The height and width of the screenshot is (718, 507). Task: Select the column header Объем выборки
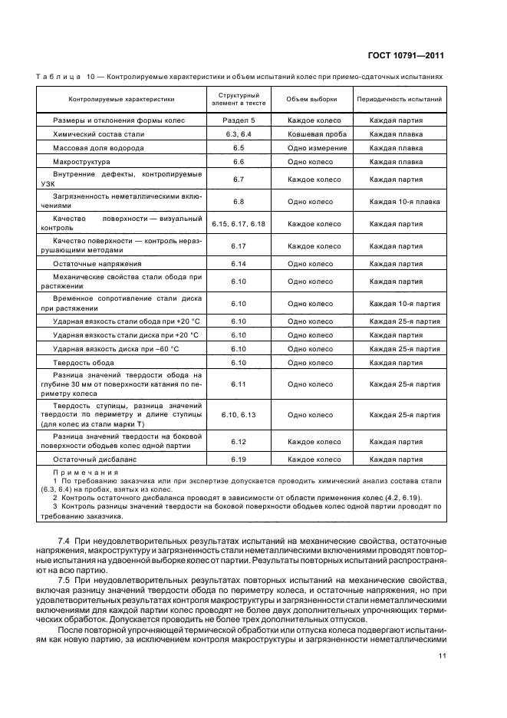(311, 99)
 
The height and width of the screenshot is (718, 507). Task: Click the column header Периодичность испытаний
(399, 99)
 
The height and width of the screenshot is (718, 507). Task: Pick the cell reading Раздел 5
(238, 120)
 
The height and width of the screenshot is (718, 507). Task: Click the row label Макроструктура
(81, 162)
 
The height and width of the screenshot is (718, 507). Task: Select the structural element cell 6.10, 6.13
(238, 414)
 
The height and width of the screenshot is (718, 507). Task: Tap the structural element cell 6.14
(238, 263)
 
